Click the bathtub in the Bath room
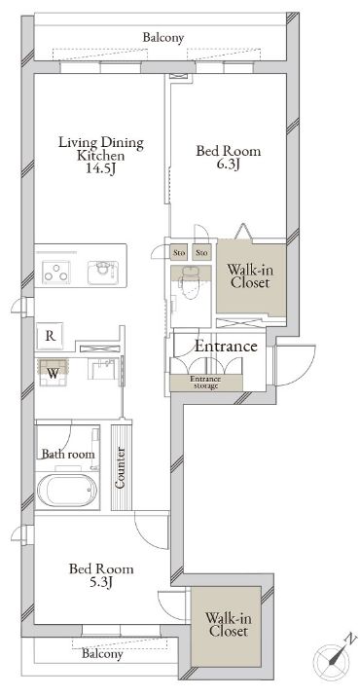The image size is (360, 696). (x=67, y=491)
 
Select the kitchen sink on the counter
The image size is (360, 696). (x=103, y=273)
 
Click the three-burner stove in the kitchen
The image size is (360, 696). (x=55, y=273)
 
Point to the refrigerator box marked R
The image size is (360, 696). (x=51, y=336)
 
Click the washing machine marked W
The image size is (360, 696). (x=54, y=372)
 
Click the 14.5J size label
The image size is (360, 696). (x=101, y=169)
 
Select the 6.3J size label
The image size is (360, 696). (x=229, y=165)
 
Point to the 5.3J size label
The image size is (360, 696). (x=101, y=581)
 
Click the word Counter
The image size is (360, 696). (x=121, y=467)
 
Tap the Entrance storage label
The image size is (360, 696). (x=205, y=383)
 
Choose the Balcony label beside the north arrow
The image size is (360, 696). (x=102, y=654)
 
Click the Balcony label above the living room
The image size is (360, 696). (x=163, y=38)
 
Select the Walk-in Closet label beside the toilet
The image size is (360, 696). (x=249, y=276)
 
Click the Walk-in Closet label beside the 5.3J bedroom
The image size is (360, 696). (x=227, y=624)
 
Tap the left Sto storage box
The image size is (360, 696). (x=179, y=253)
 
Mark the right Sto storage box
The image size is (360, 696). (x=201, y=253)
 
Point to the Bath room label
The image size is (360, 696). (x=68, y=455)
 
